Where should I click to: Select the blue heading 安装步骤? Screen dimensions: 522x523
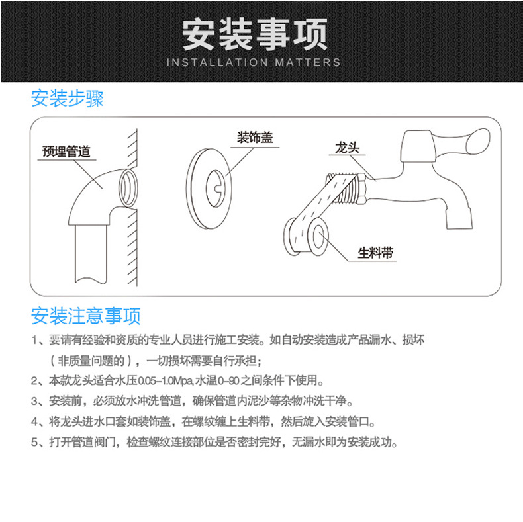click(68, 99)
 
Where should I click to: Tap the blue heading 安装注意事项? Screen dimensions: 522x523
click(86, 316)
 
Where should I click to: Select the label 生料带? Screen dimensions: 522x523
click(375, 252)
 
